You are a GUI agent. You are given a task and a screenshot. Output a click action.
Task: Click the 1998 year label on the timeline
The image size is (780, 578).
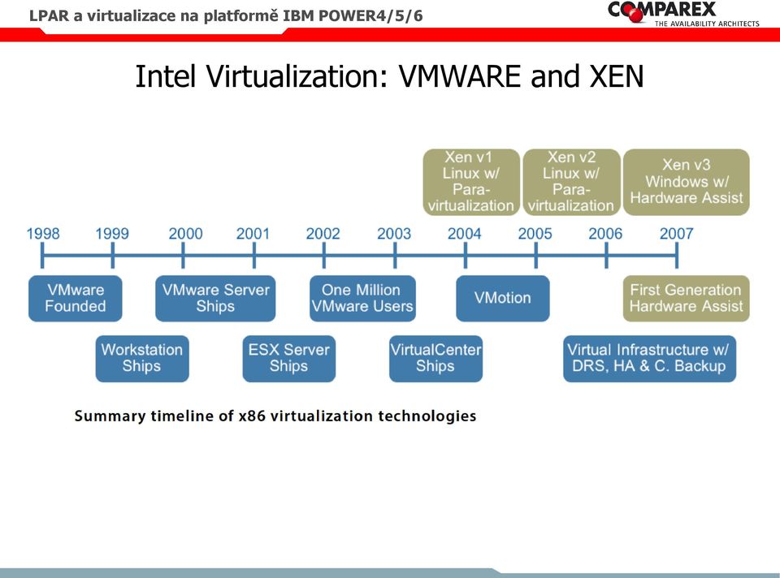point(43,234)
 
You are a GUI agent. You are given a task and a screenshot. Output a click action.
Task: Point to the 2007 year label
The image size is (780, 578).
point(676,234)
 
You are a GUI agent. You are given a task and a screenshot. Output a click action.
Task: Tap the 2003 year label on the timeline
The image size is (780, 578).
point(394,234)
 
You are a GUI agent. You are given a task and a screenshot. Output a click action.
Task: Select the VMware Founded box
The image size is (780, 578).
point(75,298)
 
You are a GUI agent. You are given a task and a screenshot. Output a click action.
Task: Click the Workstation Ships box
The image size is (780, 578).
point(142,358)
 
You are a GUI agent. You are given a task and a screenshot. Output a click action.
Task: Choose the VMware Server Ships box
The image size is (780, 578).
point(215,298)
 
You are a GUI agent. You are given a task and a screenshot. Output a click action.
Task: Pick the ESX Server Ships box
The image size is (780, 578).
point(289,358)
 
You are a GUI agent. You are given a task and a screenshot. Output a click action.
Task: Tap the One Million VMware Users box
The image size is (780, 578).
point(362,298)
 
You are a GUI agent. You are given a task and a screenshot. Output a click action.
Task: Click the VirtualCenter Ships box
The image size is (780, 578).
point(435,358)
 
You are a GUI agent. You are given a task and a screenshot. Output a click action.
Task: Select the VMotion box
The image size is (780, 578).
point(503,298)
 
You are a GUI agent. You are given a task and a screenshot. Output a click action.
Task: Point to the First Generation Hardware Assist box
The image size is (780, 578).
point(686,298)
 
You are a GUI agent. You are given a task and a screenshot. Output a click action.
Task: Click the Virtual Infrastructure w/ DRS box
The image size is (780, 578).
point(649,358)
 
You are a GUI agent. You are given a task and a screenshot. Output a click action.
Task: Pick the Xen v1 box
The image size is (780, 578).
point(471,182)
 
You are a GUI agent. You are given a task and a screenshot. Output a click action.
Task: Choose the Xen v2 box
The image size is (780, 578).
point(571,182)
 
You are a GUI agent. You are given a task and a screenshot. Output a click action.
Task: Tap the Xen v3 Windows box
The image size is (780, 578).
point(686,182)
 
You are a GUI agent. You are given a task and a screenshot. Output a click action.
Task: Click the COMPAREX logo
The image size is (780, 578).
point(683,13)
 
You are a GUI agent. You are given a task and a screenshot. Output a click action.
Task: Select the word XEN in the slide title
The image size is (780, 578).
point(617,76)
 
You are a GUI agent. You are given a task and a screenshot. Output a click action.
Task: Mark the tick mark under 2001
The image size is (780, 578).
point(253,256)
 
